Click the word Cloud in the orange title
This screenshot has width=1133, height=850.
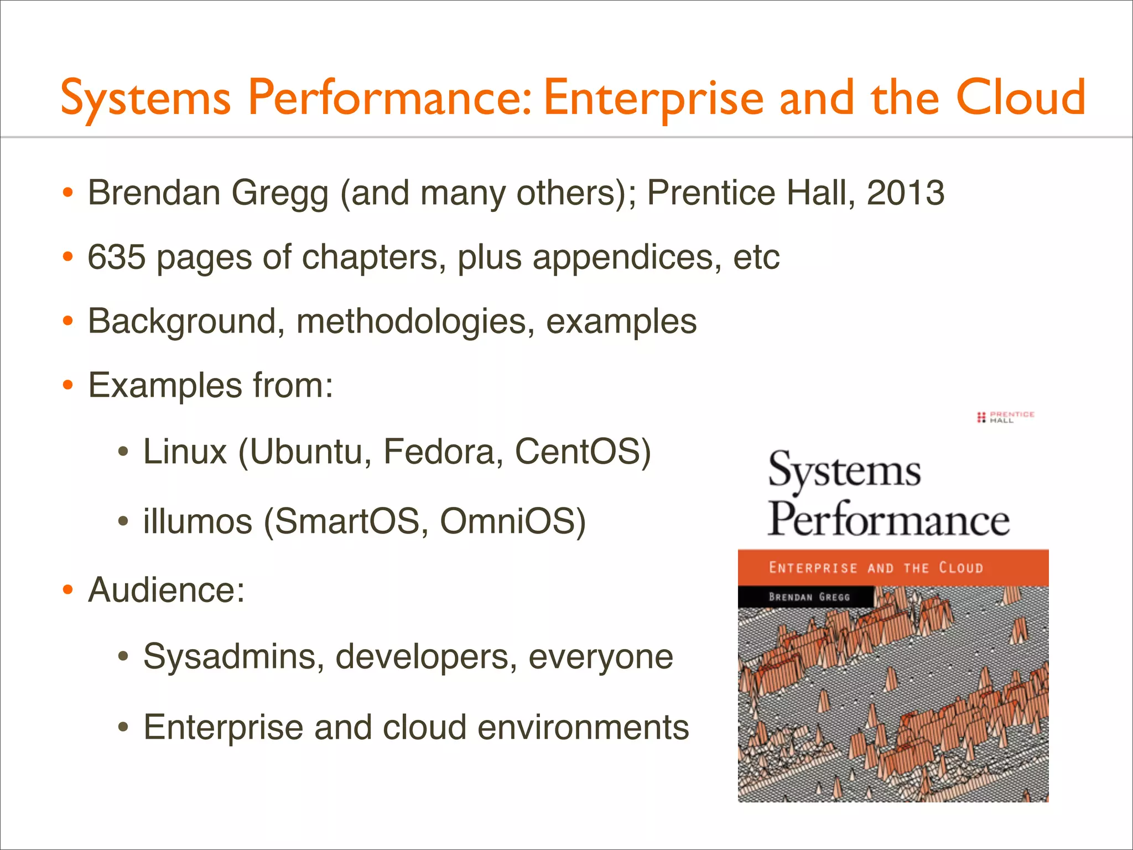(x=1021, y=97)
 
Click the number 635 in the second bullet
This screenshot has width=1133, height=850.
(x=116, y=257)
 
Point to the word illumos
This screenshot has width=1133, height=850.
(x=198, y=521)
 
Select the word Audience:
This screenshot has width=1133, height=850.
(x=167, y=590)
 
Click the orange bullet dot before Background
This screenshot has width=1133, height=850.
(x=67, y=322)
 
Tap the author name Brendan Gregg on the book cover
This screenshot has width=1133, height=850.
(x=809, y=597)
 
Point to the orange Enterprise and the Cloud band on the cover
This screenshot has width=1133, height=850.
(x=893, y=568)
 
